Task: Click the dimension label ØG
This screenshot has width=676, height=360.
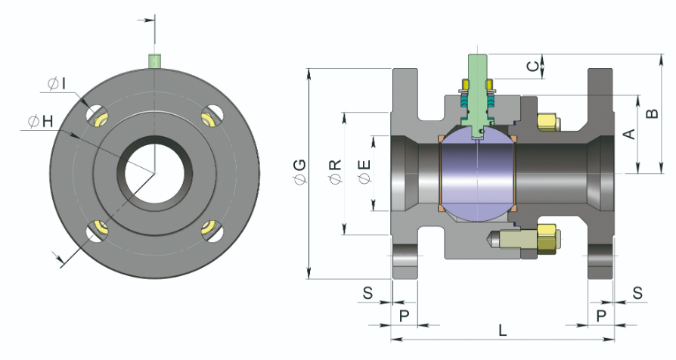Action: coord(299,173)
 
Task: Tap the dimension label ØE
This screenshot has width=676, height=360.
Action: coord(365,173)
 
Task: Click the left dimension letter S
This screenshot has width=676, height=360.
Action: coord(367,293)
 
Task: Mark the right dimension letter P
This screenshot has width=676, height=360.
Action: coord(602,314)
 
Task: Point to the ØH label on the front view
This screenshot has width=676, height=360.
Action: coord(39,121)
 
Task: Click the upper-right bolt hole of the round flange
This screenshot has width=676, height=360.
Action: coord(212,116)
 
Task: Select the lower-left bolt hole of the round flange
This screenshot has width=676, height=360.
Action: coord(98,230)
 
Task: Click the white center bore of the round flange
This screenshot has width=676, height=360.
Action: coord(154,173)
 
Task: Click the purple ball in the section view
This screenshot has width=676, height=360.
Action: coord(477,174)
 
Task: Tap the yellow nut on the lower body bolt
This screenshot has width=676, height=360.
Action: coord(547,236)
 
